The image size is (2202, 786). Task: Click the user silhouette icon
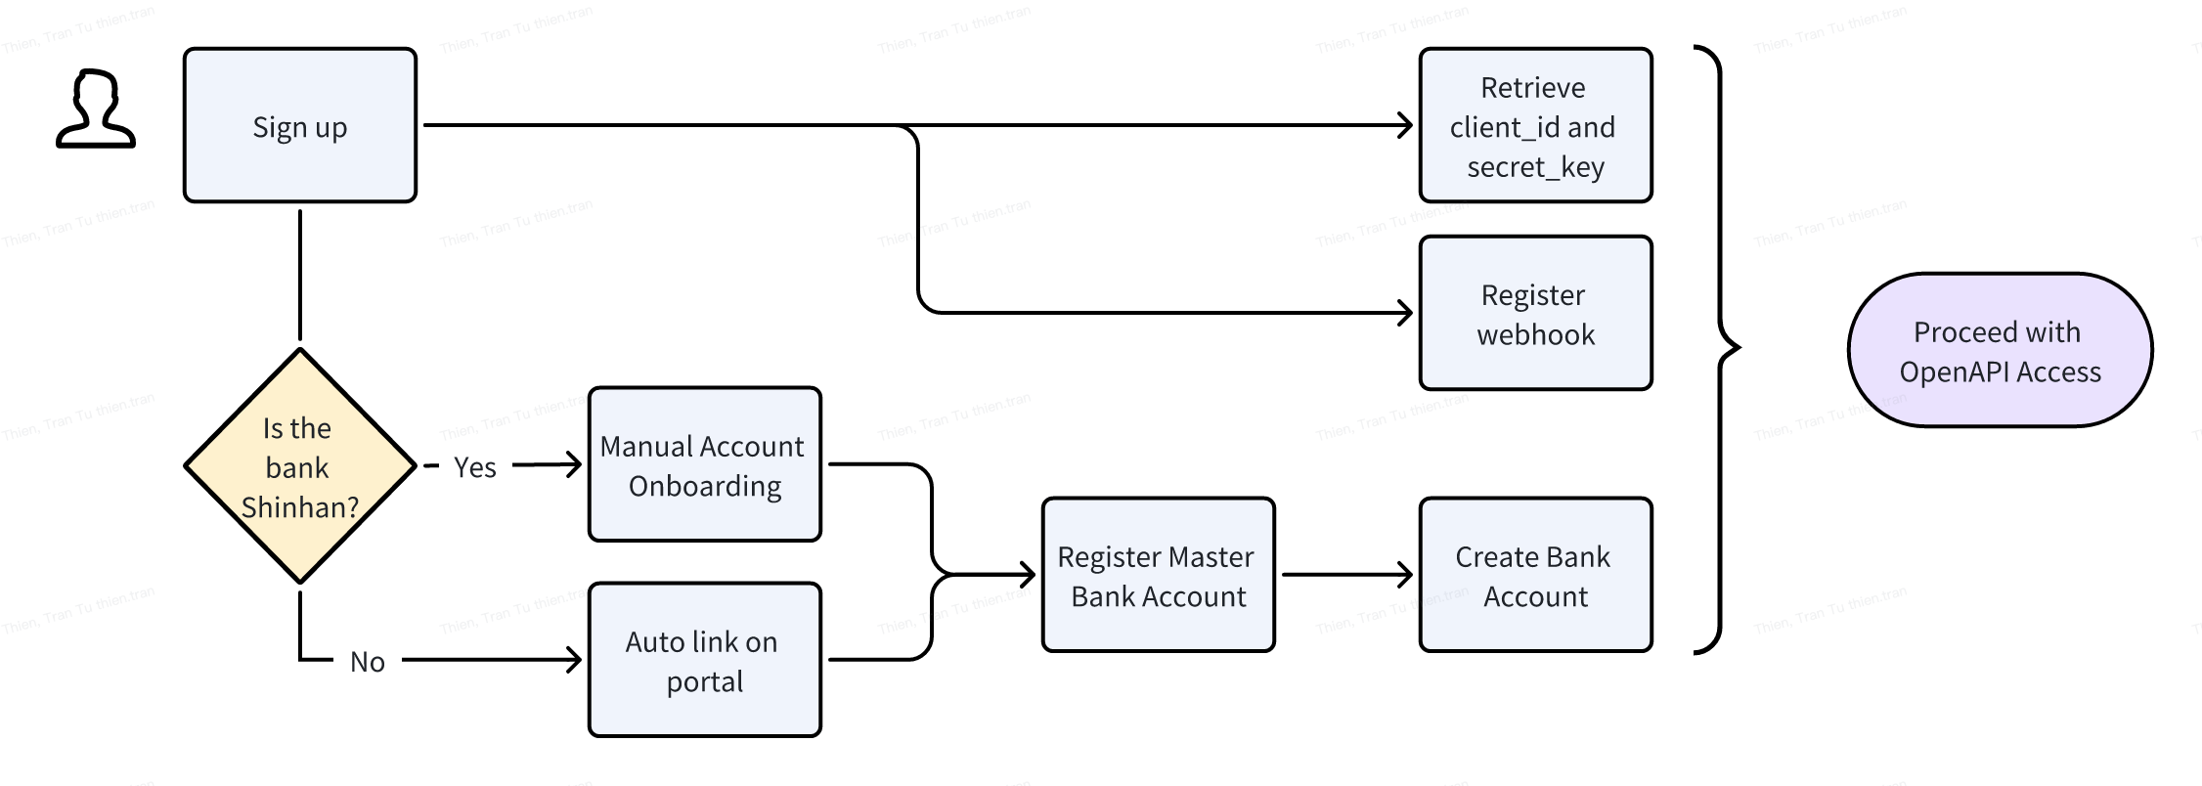(x=95, y=109)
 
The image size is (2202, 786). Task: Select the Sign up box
(x=299, y=126)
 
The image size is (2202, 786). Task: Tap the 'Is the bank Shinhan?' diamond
(x=299, y=466)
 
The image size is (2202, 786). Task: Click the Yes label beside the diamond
(x=474, y=467)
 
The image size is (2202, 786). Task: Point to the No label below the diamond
(x=367, y=662)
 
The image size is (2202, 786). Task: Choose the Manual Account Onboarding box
(x=704, y=464)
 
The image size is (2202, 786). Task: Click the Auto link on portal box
(x=704, y=660)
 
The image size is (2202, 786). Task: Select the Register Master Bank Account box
(x=1158, y=575)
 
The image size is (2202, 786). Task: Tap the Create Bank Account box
(x=1535, y=575)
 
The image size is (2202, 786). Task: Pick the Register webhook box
(x=1535, y=313)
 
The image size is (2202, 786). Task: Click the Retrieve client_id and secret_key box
(x=1535, y=126)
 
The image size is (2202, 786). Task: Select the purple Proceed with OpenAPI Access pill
(x=2000, y=350)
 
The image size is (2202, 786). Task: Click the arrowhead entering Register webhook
(x=1405, y=313)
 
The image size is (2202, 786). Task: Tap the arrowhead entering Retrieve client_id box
(x=1405, y=125)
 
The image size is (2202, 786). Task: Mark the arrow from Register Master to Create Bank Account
(x=1346, y=575)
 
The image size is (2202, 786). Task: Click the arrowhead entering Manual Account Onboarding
(x=574, y=464)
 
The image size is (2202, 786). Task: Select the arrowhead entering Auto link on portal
(x=574, y=660)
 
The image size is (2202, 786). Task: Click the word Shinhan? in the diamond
(x=299, y=507)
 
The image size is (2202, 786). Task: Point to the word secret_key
(x=1535, y=167)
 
